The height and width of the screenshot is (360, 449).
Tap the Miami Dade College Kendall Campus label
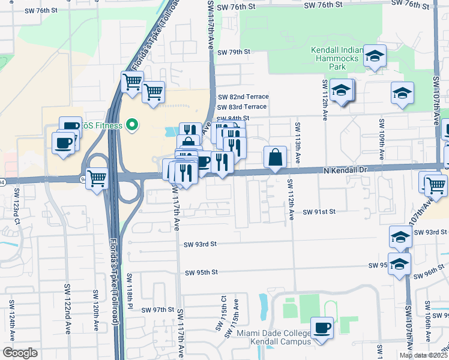pyautogui.click(x=274, y=337)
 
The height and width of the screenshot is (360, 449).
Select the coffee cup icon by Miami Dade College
pyautogui.click(x=322, y=328)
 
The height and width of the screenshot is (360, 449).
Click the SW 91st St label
pyautogui.click(x=318, y=212)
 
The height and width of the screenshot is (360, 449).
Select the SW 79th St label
pyautogui.click(x=234, y=52)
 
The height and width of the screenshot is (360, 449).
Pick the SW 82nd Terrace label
pyautogui.click(x=243, y=97)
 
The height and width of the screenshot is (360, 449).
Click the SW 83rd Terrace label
pyautogui.click(x=242, y=107)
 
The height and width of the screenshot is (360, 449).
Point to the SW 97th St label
pyautogui.click(x=157, y=310)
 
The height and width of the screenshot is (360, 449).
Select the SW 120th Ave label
pyautogui.click(x=95, y=311)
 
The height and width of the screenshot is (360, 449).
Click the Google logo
pyautogui.click(x=20, y=353)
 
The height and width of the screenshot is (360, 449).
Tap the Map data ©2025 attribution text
pyautogui.click(x=423, y=355)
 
